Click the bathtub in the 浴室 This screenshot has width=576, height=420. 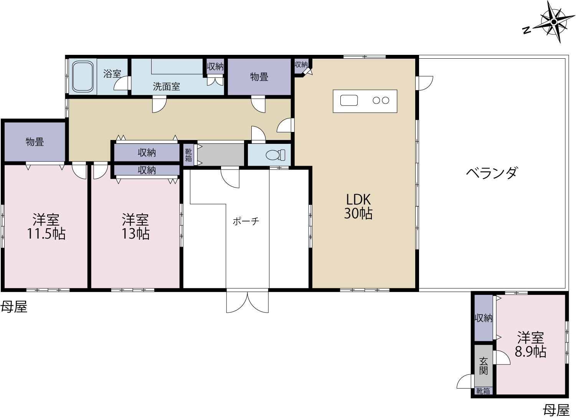click(83, 76)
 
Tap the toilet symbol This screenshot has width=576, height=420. click(276, 155)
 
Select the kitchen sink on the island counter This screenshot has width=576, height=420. click(349, 100)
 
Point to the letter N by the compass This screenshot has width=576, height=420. click(526, 38)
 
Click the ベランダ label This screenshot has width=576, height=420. click(492, 173)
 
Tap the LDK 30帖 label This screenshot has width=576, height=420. click(358, 206)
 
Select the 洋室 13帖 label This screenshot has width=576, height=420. click(135, 226)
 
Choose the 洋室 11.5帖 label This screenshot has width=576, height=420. click(46, 226)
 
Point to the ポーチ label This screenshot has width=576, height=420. click(246, 221)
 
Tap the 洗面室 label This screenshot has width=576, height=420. click(167, 86)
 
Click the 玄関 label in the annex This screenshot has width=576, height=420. click(484, 366)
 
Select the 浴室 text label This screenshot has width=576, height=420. click(112, 74)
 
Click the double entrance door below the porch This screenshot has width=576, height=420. click(248, 302)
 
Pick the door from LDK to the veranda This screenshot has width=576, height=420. click(424, 83)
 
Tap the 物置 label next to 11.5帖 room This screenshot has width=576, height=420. click(35, 142)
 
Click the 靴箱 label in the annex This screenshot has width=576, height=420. click(483, 391)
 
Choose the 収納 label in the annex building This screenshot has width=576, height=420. click(484, 318)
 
